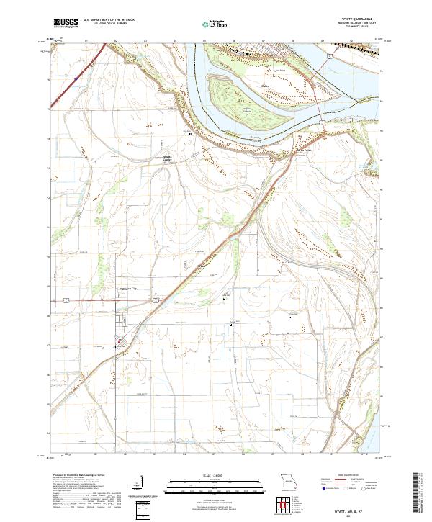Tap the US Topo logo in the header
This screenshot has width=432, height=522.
(212, 24)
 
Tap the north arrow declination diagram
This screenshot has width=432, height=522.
(143, 493)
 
